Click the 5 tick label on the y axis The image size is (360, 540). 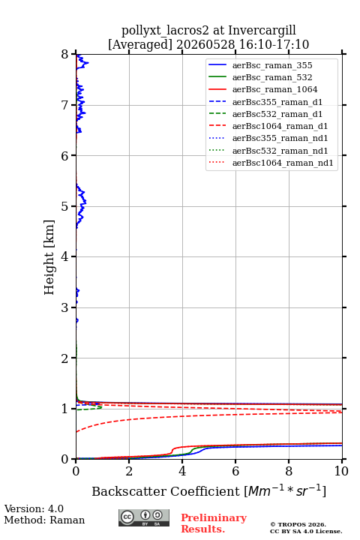coord(65,206)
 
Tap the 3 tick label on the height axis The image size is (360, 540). coord(65,307)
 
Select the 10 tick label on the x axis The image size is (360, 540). coord(341,471)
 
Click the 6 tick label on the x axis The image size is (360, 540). coord(235,471)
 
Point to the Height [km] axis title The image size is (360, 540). coord(49,257)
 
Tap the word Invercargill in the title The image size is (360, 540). coord(262,30)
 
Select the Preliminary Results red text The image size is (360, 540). coord(214,523)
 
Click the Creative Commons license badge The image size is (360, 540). coord(144,517)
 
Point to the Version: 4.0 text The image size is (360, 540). coord(34,508)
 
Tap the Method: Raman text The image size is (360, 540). coord(44,520)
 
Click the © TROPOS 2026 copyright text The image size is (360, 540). coord(298,524)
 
